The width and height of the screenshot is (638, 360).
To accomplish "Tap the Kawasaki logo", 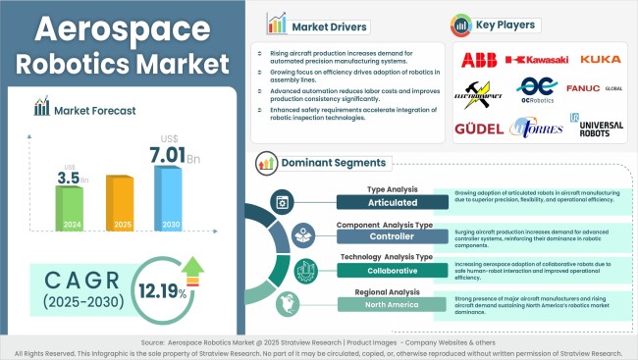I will (x=536, y=60).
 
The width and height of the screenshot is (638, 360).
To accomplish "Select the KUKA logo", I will (x=600, y=60).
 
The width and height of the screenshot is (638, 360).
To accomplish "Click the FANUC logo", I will (x=593, y=91).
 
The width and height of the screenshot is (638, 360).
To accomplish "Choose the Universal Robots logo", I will (x=600, y=128).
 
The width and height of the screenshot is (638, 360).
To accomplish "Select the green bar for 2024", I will (x=69, y=209).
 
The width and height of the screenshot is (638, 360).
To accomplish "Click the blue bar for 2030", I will (x=169, y=201).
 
